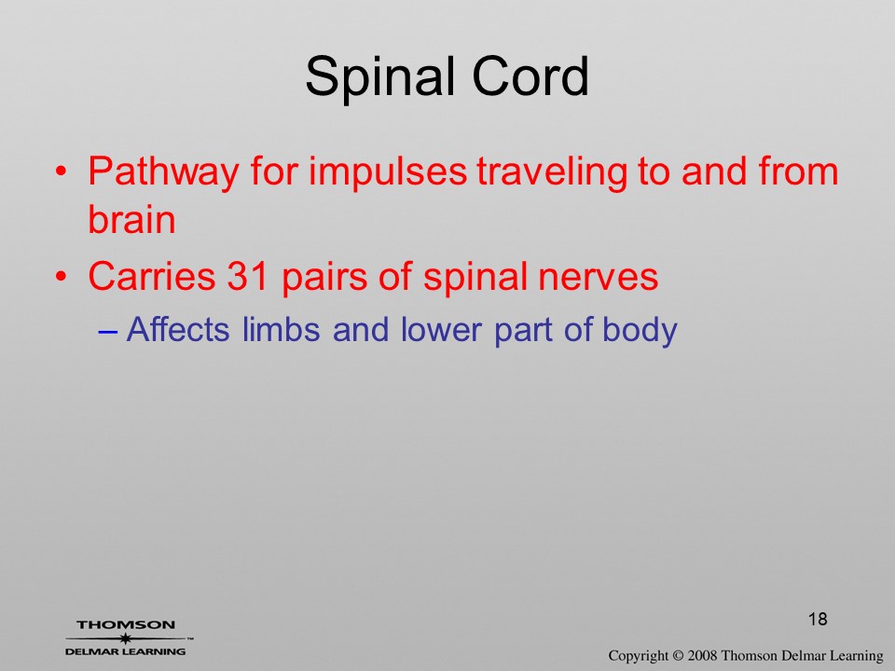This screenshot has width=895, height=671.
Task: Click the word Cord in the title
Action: (x=530, y=75)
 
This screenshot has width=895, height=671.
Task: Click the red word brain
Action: (x=131, y=219)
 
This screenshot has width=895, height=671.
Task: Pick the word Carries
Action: (x=152, y=276)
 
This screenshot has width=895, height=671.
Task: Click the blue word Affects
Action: (x=178, y=329)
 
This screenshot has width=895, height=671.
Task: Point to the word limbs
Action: (x=281, y=329)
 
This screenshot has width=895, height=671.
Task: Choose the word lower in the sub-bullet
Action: (x=441, y=329)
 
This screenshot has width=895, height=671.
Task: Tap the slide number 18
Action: (x=818, y=619)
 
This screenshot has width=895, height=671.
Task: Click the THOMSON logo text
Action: (x=126, y=624)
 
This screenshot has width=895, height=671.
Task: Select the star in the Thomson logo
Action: (x=125, y=638)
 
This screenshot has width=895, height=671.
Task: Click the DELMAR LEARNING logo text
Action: (x=126, y=651)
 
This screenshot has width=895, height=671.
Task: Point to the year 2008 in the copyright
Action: (x=702, y=655)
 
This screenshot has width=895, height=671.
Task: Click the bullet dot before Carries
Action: (x=62, y=277)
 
